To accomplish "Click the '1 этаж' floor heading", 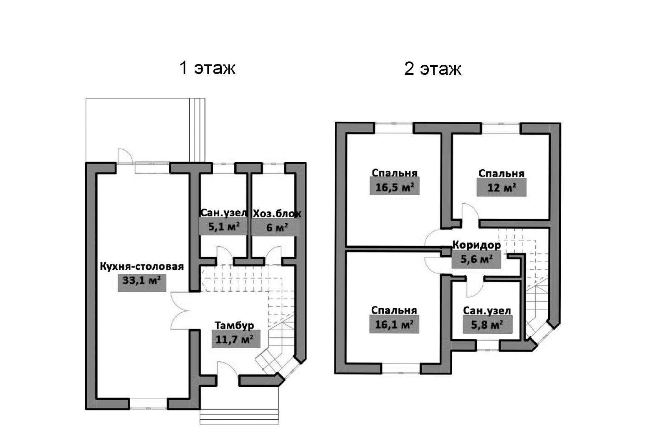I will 207,68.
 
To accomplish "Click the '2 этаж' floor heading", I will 433,69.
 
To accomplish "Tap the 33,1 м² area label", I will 142,280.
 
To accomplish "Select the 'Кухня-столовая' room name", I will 142,266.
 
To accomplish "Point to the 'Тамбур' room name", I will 234,325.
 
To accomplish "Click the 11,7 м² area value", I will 234,339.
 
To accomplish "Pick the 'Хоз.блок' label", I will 277,213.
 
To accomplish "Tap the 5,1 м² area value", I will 223,227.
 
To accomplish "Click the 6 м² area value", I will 276,227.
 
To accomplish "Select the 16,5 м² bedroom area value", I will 394,187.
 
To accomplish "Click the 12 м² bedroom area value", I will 501,188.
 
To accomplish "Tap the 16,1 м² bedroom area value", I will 394,324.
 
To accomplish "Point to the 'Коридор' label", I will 476,245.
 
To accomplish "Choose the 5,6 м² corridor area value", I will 476,259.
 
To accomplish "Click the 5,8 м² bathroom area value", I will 487,324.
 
